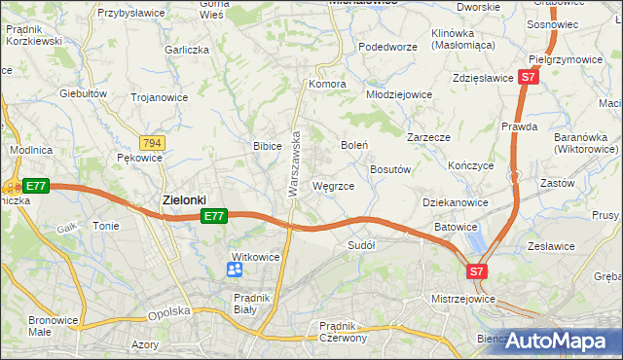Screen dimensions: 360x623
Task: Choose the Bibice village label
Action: [x=267, y=146]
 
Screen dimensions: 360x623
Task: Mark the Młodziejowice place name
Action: [x=398, y=95]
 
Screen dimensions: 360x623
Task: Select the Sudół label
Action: [x=361, y=246]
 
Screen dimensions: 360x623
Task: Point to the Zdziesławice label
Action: [x=483, y=78]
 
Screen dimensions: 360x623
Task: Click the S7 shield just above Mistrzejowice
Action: [x=476, y=271]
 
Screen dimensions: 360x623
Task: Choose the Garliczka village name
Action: [x=187, y=50]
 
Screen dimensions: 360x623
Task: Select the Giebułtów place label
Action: [x=83, y=93]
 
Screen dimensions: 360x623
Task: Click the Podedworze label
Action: [x=387, y=47]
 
